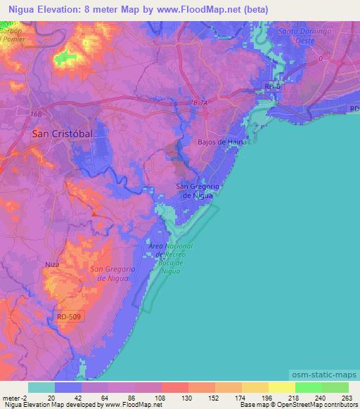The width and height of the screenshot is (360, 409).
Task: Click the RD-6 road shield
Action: [273, 86]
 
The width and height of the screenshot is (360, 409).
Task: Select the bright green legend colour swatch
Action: [308, 387]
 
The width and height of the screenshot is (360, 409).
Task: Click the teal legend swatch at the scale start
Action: [41, 387]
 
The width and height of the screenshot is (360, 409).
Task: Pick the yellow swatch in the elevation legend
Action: [281, 387]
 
